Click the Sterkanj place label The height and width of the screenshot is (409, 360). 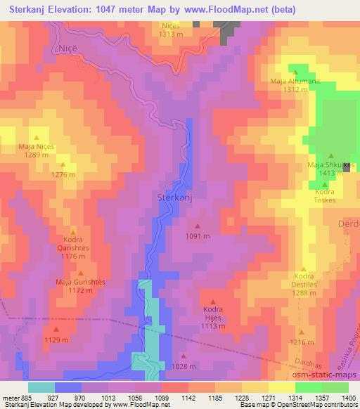click(174, 198)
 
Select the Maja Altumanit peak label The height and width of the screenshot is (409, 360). click(295, 81)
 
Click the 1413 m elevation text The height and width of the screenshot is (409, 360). click(330, 173)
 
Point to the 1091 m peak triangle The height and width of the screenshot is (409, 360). click(197, 226)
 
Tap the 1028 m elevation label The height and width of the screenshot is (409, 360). click(184, 366)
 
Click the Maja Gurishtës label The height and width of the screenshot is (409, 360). click(80, 281)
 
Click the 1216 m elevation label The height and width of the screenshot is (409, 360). click(302, 342)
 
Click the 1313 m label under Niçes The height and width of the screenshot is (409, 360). click(170, 33)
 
